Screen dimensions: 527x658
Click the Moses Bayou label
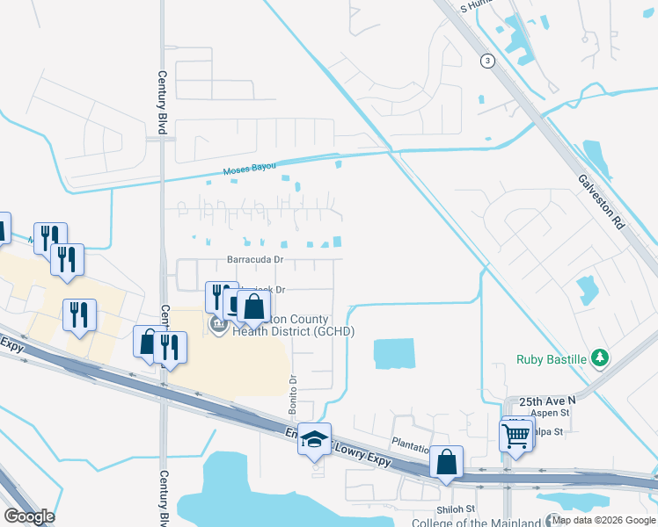tap(249, 167)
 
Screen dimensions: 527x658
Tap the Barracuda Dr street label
tap(255, 260)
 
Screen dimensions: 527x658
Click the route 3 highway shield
tap(487, 61)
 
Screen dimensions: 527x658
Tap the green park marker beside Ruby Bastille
tap(600, 357)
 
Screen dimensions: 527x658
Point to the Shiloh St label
tap(455, 509)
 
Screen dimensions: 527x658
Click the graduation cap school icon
tap(314, 438)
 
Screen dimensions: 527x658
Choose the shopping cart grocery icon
tap(515, 434)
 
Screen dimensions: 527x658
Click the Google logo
tap(28, 516)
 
